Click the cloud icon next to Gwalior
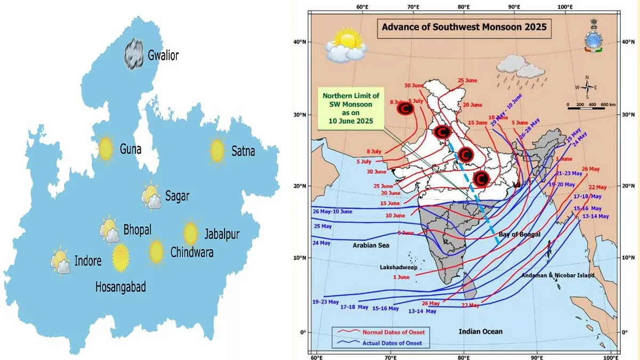point(134,54)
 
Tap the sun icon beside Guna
point(105,149)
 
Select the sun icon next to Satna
point(217,150)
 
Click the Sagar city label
point(177,196)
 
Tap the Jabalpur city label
point(221,234)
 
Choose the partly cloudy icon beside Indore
point(60,261)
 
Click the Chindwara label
point(191,252)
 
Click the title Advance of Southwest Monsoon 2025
point(463,27)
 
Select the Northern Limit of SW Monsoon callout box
point(351,108)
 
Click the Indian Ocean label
point(481,332)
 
